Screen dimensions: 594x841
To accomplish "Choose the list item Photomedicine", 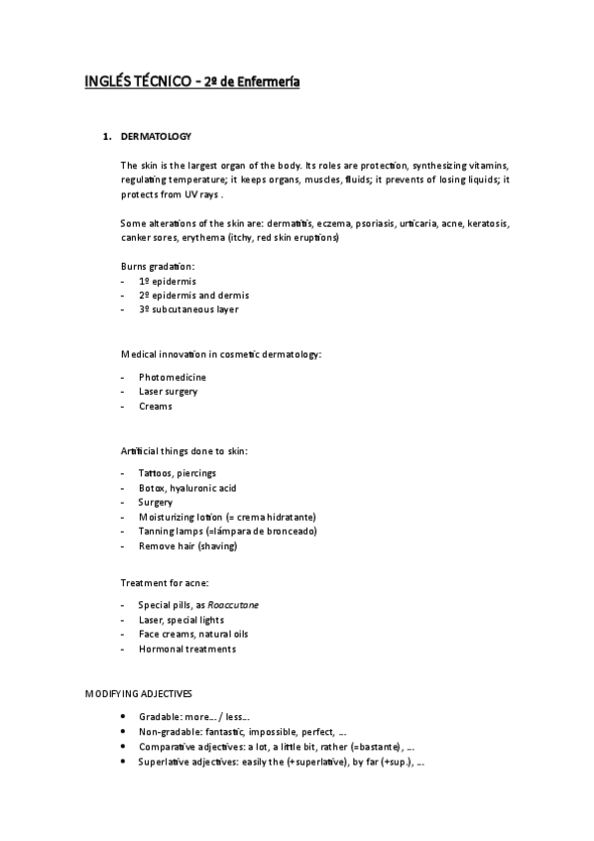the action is click(x=173, y=378).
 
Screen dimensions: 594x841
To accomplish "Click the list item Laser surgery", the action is click(x=169, y=392).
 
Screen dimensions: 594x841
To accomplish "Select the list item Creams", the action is click(x=156, y=406).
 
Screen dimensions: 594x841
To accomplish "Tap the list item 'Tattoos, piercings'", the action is click(x=178, y=473).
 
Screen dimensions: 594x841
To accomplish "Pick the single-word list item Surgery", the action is click(x=156, y=502).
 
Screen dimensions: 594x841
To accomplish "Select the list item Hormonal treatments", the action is click(x=187, y=649).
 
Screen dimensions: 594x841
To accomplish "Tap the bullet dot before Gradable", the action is click(x=121, y=716).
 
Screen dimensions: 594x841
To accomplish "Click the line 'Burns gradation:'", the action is click(x=158, y=267).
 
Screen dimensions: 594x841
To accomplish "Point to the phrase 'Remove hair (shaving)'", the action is click(x=187, y=545).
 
